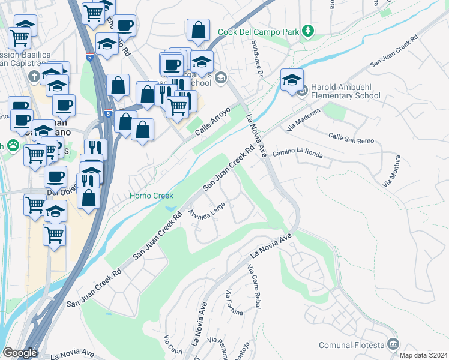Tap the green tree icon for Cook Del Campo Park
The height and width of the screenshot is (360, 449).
tap(307, 30)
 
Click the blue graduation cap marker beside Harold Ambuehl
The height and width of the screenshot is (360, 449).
tap(292, 80)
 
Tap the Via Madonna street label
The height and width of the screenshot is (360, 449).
tap(306, 120)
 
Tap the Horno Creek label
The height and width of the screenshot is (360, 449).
tap(152, 196)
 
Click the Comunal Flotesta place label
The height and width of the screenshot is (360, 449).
tap(351, 344)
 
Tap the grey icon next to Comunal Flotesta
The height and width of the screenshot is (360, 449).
tap(393, 344)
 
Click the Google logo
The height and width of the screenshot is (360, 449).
tap(20, 353)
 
